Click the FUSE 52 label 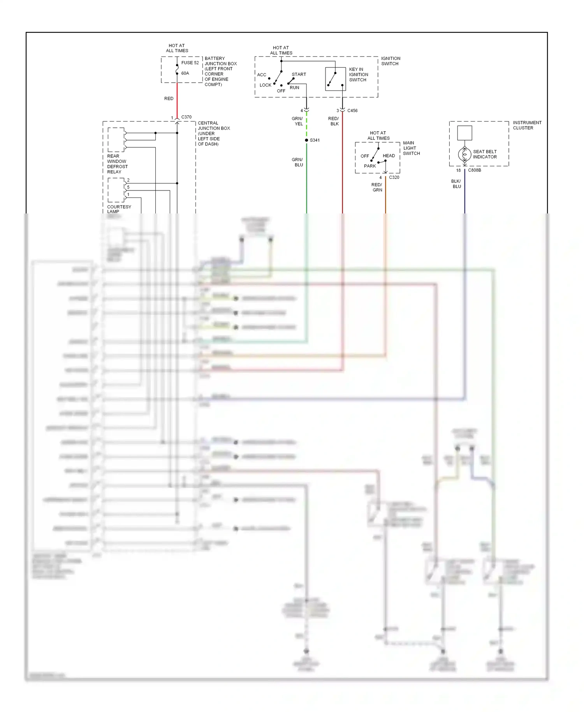pyautogui.click(x=190, y=63)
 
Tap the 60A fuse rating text pyautogui.click(x=185, y=73)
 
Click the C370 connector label pyautogui.click(x=186, y=117)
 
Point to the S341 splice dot pyautogui.click(x=306, y=140)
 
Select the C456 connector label pyautogui.click(x=352, y=111)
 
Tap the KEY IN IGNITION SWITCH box pyautogui.click(x=335, y=79)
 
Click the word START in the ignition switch pyautogui.click(x=299, y=74)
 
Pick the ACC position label pyautogui.click(x=262, y=75)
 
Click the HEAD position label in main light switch pyautogui.click(x=389, y=156)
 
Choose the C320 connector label pyautogui.click(x=394, y=177)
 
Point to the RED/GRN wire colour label pyautogui.click(x=377, y=187)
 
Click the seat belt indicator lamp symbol pyautogui.click(x=464, y=155)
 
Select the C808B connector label pyautogui.click(x=474, y=170)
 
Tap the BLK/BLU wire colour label pyautogui.click(x=456, y=184)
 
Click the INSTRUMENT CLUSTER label pyautogui.click(x=527, y=125)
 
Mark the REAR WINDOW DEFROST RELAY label pyautogui.click(x=117, y=164)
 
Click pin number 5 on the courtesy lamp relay pyautogui.click(x=128, y=187)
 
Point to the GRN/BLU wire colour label pyautogui.click(x=298, y=162)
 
